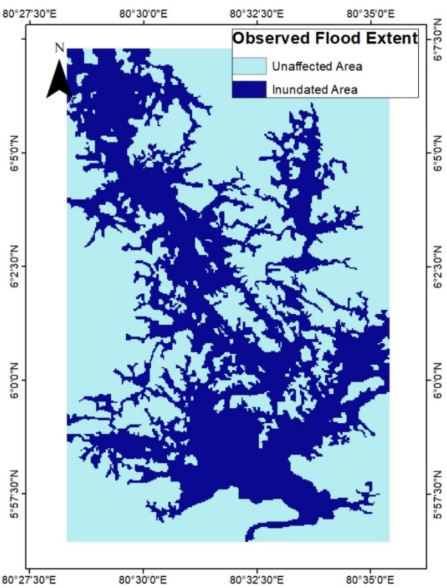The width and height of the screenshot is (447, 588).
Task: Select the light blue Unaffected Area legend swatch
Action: pos(249,66)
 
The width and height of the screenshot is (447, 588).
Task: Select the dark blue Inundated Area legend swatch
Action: pos(249,89)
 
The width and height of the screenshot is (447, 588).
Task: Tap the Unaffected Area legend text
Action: pos(317,66)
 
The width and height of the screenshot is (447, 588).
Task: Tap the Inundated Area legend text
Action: pos(314,90)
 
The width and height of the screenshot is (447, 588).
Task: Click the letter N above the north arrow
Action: pos(59,48)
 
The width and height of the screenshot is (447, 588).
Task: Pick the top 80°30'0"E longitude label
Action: pos(144,14)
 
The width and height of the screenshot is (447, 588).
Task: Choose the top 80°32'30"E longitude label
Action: pos(257,14)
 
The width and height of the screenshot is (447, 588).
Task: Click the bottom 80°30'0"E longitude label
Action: pos(144,578)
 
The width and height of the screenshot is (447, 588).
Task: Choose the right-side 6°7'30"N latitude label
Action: pos(438,39)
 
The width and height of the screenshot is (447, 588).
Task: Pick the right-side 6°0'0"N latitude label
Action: pos(438,380)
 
